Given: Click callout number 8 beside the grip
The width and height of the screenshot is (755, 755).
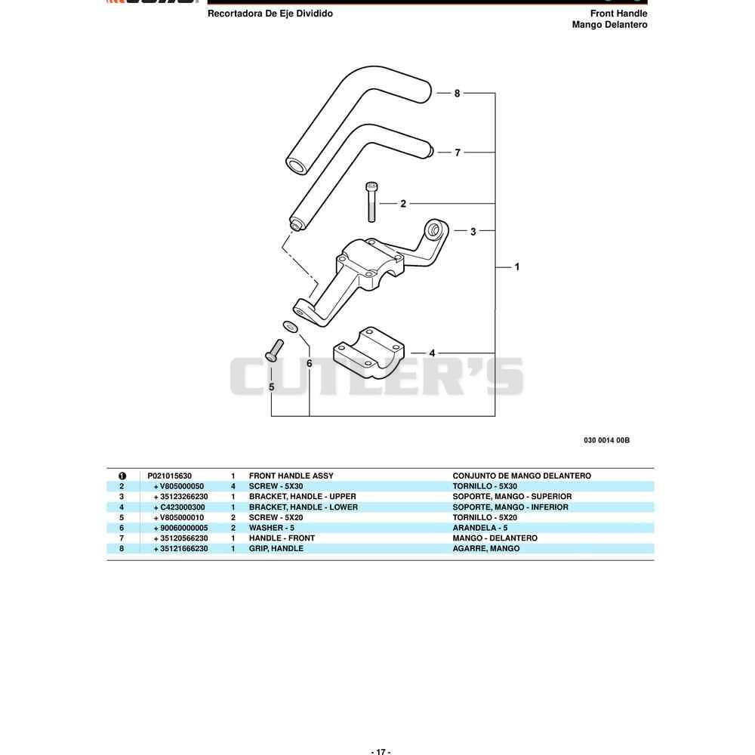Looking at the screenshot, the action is click(x=457, y=94).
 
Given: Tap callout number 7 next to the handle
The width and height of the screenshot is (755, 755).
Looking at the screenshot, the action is click(x=458, y=153).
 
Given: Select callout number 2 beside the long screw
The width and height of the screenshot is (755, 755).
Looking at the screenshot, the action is click(x=403, y=204).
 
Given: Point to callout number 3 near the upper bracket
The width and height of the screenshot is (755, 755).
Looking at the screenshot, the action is click(x=473, y=232).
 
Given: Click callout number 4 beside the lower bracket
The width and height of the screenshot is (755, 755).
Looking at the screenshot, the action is click(x=432, y=353).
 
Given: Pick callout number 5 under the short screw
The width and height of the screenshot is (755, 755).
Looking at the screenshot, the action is click(x=272, y=387).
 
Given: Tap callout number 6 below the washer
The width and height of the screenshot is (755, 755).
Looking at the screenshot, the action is click(x=309, y=364).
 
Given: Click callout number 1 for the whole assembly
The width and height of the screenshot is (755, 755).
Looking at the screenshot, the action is click(x=517, y=267).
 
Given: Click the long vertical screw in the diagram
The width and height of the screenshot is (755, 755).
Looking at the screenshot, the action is click(x=371, y=202).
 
